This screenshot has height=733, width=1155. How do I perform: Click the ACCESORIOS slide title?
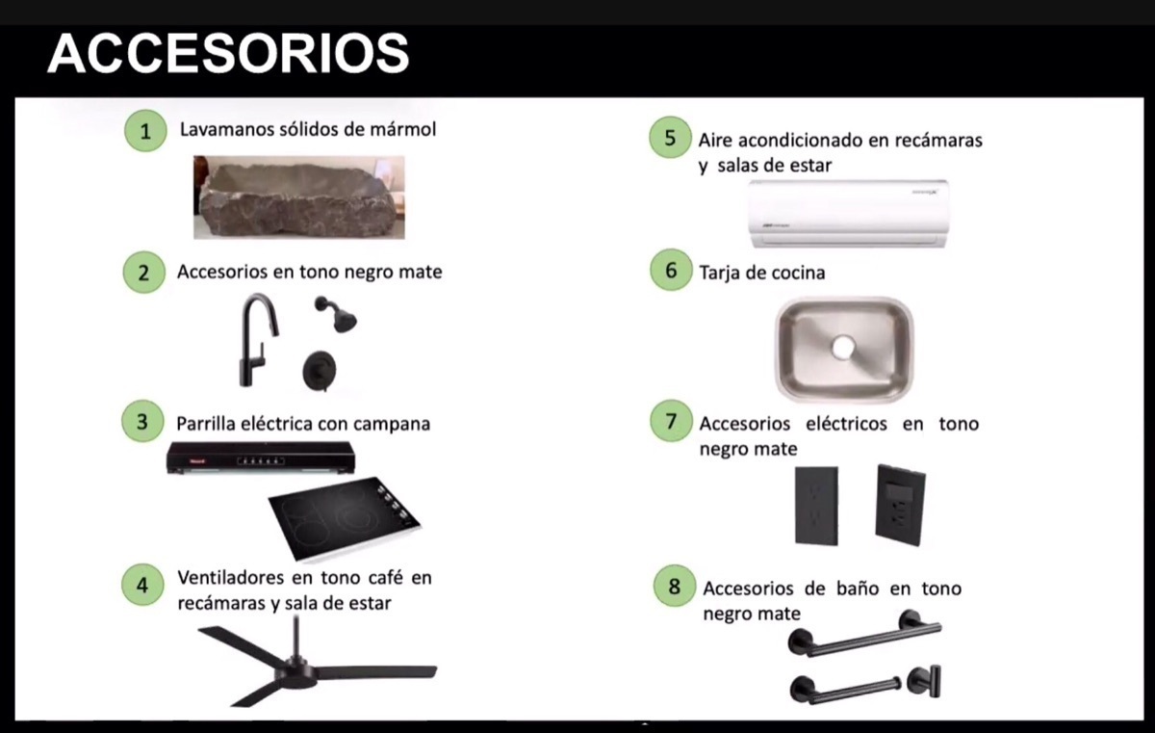[228, 53]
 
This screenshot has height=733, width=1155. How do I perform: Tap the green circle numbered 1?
[144, 131]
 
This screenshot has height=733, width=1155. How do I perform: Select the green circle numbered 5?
[670, 137]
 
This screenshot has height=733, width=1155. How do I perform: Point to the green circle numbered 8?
[674, 586]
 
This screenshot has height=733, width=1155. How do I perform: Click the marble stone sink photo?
[298, 197]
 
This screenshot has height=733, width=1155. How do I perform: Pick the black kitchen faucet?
[255, 337]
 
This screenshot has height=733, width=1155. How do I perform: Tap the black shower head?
[336, 314]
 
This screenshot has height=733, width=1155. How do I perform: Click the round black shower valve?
[319, 370]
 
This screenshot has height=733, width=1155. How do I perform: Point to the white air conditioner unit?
[848, 214]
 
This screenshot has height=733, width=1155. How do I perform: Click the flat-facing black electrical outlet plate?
[816, 507]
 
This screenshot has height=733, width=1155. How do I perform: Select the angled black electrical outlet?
[900, 506]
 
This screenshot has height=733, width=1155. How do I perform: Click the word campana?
[391, 423]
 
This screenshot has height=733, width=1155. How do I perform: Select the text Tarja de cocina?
[761, 273]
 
